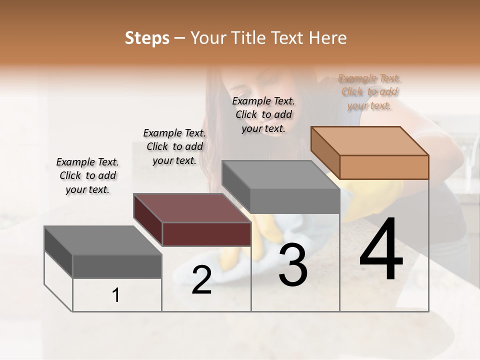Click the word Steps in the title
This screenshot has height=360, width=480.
pyautogui.click(x=147, y=38)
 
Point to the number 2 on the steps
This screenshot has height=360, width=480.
pyautogui.click(x=201, y=280)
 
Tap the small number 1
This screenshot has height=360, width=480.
pyautogui.click(x=116, y=295)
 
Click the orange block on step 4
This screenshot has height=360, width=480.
pyautogui.click(x=384, y=167)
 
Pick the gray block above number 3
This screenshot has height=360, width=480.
pyautogui.click(x=295, y=200)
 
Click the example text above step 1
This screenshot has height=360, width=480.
pyautogui.click(x=87, y=175)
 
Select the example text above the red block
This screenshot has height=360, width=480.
pyautogui.click(x=174, y=146)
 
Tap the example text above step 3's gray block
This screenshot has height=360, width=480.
pyautogui.click(x=263, y=114)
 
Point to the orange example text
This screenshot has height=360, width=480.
pyautogui.click(x=369, y=91)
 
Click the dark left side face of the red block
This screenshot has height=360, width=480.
pyautogui.click(x=147, y=220)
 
